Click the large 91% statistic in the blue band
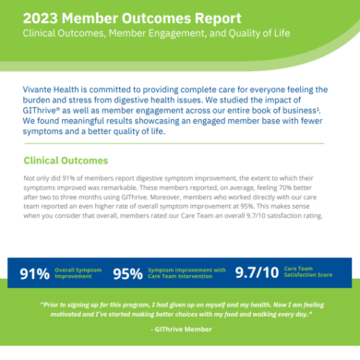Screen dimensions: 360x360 tap(35, 273)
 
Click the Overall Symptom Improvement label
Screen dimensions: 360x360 tap(78, 273)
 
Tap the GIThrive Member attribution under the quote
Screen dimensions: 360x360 tap(179, 337)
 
